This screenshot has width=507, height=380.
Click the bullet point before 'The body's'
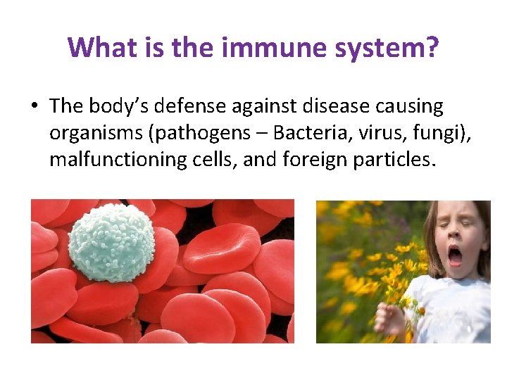coord(34,107)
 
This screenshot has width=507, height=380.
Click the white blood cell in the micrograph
coord(111,243)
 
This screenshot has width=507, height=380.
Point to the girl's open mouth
coord(456,255)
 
